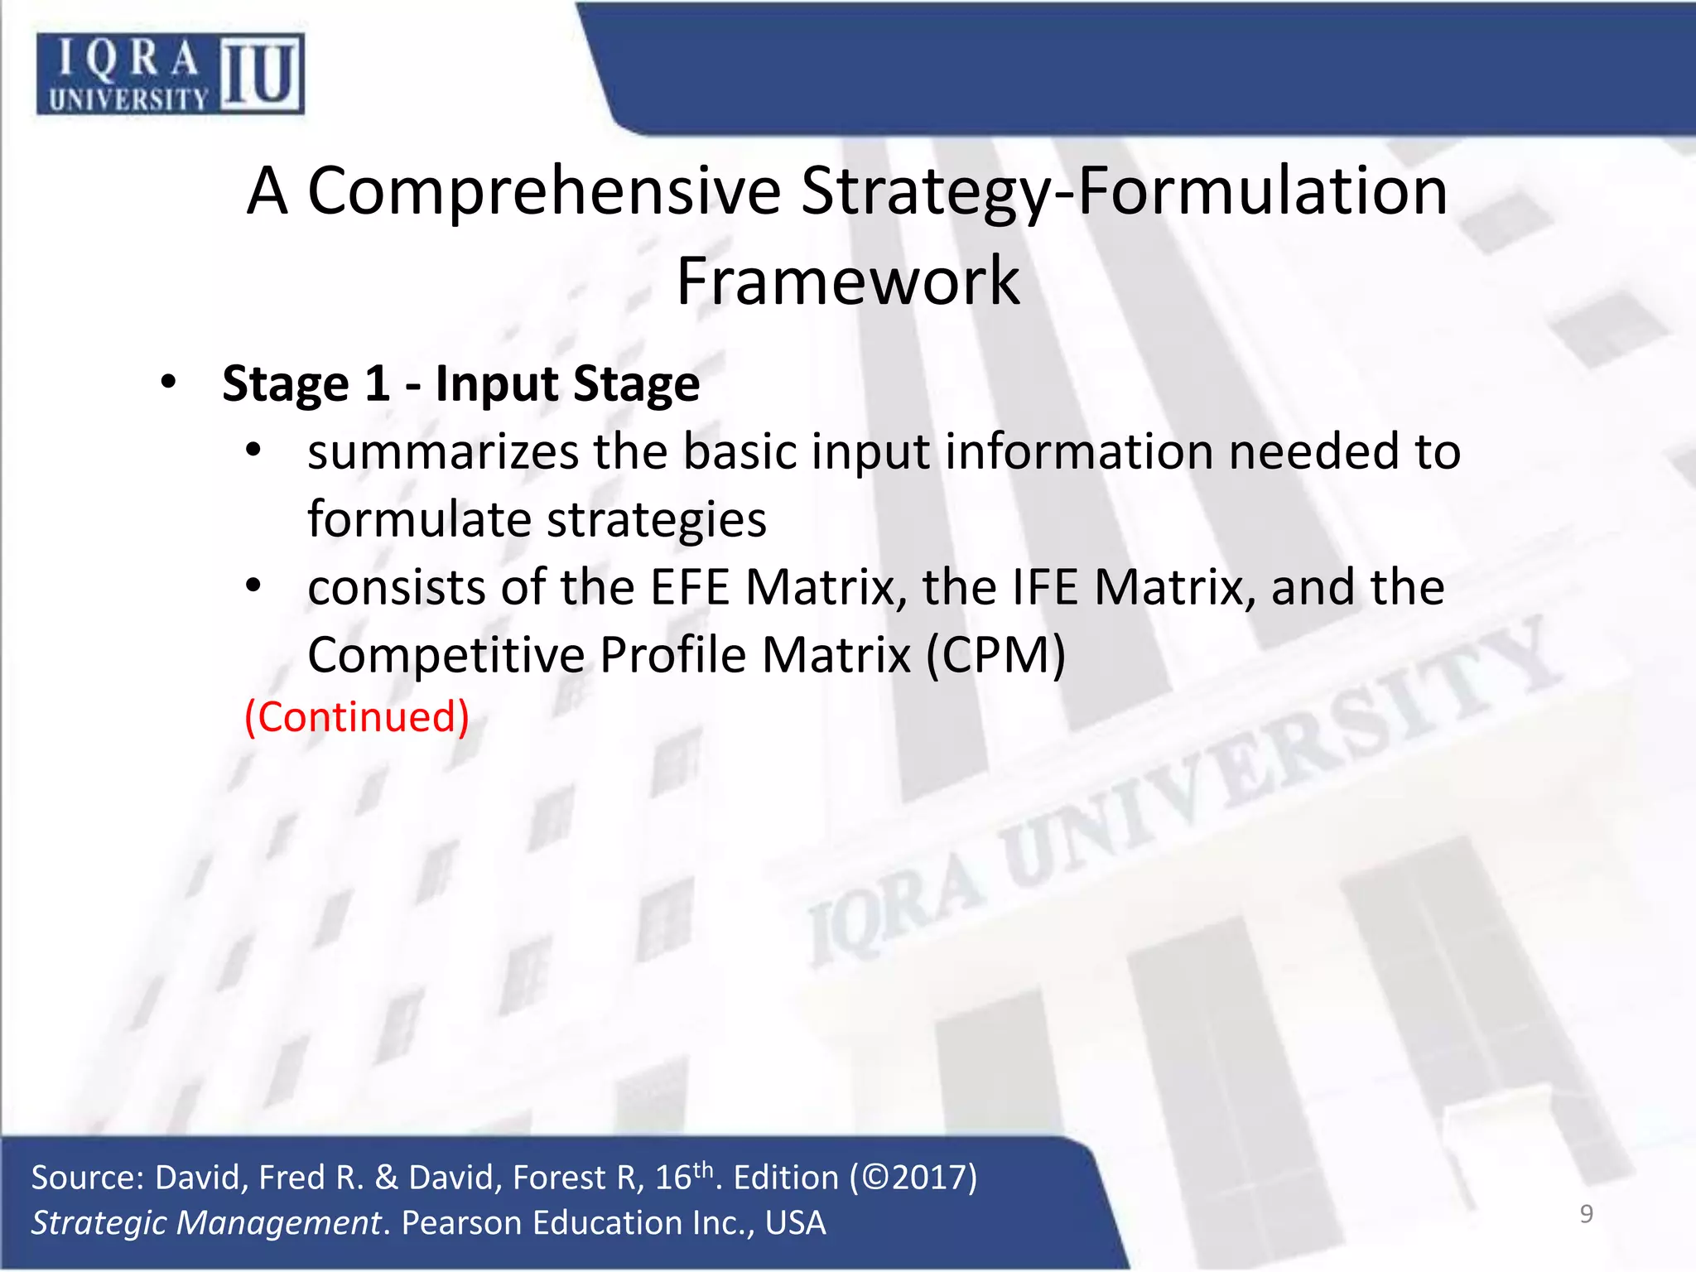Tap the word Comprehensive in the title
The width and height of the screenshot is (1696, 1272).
544,191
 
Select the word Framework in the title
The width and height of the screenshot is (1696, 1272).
848,282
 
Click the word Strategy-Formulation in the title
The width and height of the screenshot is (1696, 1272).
1124,191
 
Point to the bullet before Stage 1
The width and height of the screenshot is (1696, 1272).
169,383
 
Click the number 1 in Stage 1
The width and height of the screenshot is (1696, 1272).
377,384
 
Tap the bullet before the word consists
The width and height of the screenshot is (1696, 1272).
253,586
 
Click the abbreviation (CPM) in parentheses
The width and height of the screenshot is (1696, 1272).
995,656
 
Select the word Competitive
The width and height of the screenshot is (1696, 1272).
446,656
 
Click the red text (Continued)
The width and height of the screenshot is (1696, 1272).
357,716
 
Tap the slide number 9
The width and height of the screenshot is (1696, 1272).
1586,1214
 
